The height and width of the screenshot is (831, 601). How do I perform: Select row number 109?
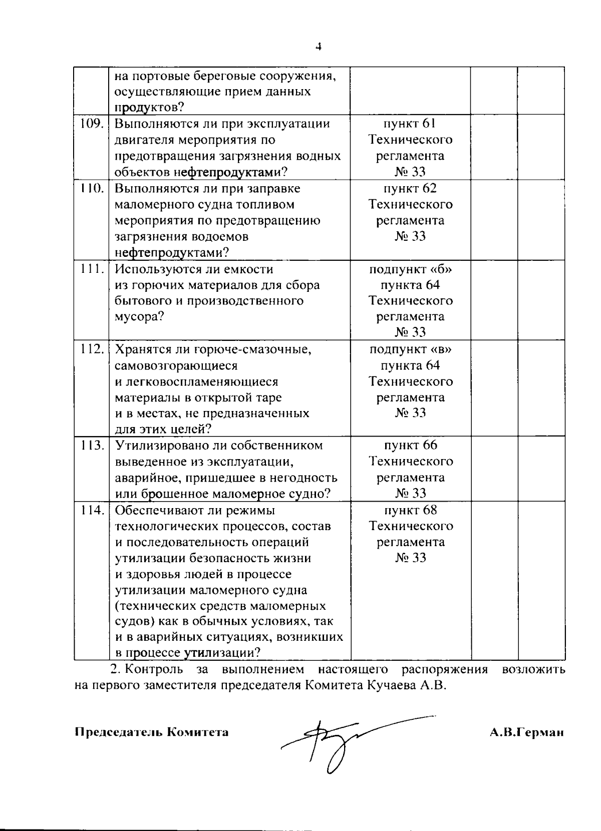pyautogui.click(x=92, y=124)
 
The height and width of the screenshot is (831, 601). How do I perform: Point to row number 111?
pyautogui.click(x=92, y=269)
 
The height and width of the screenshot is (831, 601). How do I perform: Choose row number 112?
pyautogui.click(x=92, y=349)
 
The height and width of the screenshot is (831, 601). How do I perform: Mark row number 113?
pyautogui.click(x=92, y=445)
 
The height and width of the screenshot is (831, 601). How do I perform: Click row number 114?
pyautogui.click(x=92, y=510)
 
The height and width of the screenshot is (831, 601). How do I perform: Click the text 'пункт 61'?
pyautogui.click(x=410, y=124)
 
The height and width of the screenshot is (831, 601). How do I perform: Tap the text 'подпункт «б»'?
pyautogui.click(x=410, y=269)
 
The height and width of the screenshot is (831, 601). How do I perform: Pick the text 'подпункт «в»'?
pyautogui.click(x=410, y=349)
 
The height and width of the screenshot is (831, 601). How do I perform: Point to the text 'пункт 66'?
pyautogui.click(x=410, y=445)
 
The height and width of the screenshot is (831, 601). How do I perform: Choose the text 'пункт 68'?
pyautogui.click(x=410, y=510)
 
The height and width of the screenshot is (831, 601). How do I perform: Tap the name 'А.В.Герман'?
pyautogui.click(x=527, y=732)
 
